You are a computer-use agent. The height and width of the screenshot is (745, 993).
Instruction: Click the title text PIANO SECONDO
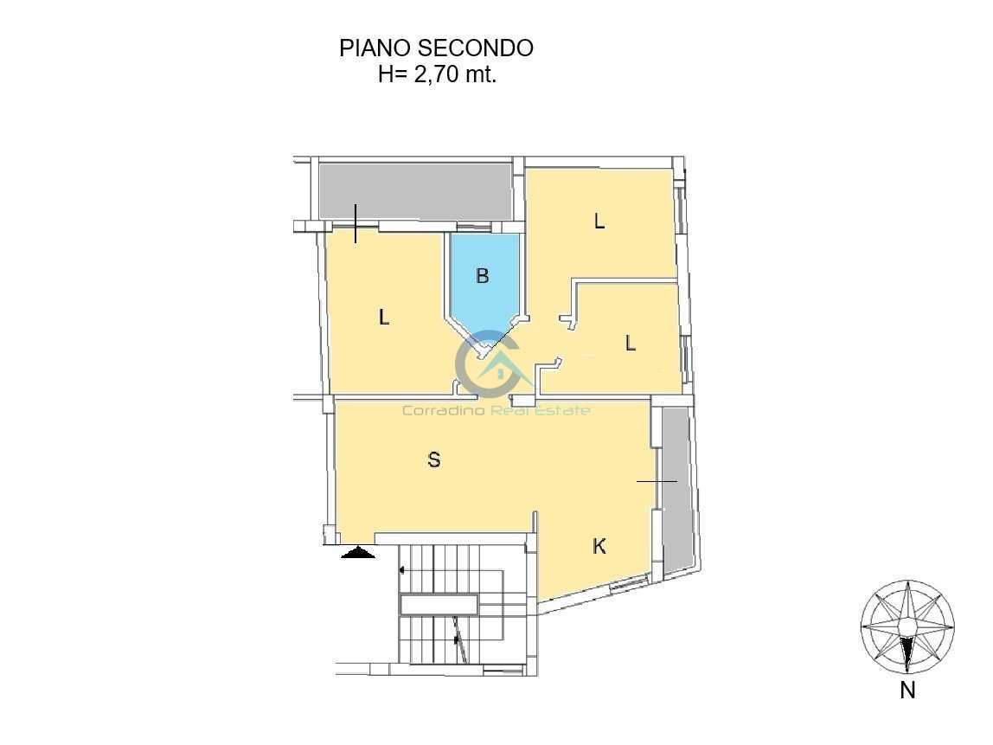click(436, 48)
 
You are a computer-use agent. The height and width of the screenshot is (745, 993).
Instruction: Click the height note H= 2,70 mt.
click(437, 74)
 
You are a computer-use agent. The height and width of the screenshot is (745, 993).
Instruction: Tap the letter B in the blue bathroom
click(483, 276)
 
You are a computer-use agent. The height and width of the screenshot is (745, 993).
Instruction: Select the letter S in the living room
click(434, 459)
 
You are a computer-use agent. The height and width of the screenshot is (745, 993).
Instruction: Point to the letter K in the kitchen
click(599, 546)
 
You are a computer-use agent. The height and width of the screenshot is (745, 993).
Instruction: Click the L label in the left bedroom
click(384, 317)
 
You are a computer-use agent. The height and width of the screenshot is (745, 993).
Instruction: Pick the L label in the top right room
click(599, 222)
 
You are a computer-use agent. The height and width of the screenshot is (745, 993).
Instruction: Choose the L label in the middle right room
click(630, 344)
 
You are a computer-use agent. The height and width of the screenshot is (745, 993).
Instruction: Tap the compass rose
click(907, 626)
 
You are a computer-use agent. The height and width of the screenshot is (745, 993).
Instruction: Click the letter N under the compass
click(907, 690)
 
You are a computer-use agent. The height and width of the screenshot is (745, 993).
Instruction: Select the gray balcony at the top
click(415, 192)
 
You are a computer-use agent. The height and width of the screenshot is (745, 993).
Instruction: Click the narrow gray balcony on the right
click(676, 490)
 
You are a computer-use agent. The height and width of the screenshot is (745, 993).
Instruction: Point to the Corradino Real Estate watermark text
click(497, 410)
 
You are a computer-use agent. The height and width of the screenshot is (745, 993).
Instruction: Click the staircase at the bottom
click(463, 604)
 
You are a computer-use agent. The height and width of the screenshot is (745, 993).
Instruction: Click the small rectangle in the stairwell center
click(439, 604)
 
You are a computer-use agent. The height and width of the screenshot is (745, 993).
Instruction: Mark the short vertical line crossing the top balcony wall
click(356, 223)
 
